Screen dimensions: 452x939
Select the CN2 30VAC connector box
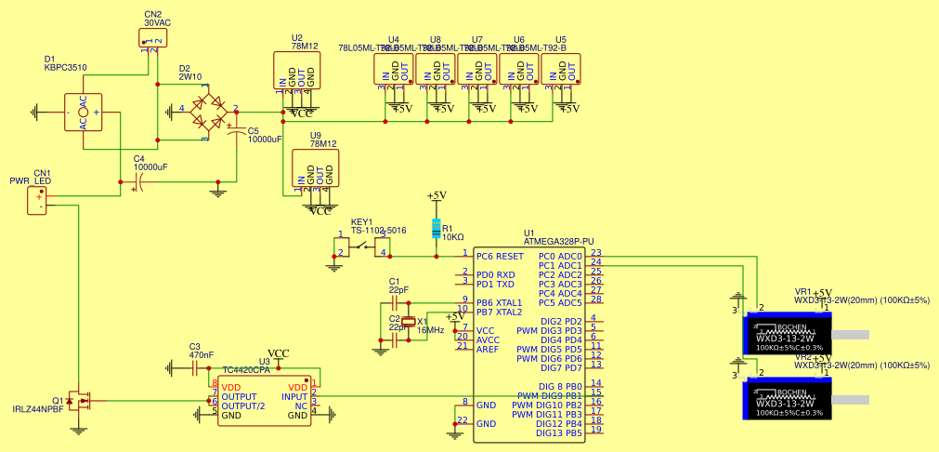click(152, 38)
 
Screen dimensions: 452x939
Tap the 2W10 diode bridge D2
click(210, 109)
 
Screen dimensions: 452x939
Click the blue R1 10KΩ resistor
click(437, 229)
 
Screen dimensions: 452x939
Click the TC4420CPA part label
click(246, 370)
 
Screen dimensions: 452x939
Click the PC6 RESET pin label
click(500, 256)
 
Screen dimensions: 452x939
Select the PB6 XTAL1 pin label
click(499, 303)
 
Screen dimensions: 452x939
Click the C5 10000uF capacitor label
click(264, 135)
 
